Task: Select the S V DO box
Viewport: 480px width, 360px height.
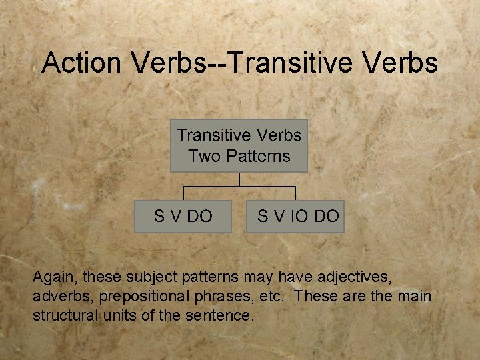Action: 183,216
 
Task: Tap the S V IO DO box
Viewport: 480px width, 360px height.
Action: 295,216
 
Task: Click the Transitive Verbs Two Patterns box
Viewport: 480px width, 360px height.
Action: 239,146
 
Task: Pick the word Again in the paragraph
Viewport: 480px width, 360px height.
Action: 53,276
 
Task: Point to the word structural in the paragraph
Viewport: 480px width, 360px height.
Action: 65,315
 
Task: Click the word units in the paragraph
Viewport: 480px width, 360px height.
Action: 120,315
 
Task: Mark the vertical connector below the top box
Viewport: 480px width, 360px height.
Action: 239,179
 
